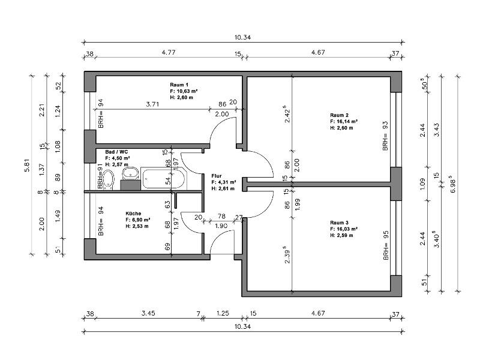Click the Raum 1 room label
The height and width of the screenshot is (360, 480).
pos(179,85)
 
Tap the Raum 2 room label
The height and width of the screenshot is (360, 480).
pos(339,115)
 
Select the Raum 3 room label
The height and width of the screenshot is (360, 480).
pos(339,223)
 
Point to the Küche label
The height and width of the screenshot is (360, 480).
pos(133,214)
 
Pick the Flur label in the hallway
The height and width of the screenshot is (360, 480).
pos(217,176)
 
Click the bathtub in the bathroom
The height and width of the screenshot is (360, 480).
pos(163,178)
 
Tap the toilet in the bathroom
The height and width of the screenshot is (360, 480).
pos(108,179)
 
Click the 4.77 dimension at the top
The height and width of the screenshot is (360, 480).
pos(169,52)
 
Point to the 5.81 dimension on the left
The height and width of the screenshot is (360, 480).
pos(27,166)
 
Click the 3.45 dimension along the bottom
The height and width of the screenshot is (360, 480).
pos(148,313)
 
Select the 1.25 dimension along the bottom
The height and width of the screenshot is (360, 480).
pos(223,313)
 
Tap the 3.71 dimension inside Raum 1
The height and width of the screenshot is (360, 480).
pos(152,104)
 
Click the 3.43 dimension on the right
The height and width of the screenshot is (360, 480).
pos(437,130)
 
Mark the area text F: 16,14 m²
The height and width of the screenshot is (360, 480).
pos(344,122)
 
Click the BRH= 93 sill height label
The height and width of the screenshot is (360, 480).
pos(385,136)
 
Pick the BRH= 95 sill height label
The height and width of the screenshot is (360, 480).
pos(386,245)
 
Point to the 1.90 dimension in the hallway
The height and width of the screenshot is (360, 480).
pos(221,226)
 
